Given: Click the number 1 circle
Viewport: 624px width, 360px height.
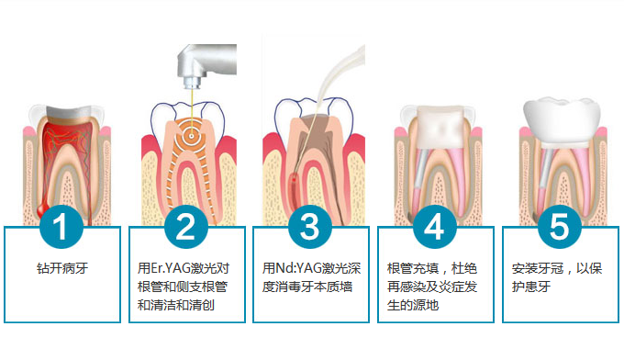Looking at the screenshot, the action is [x=61, y=227].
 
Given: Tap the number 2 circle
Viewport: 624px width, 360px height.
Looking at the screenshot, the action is [x=186, y=227].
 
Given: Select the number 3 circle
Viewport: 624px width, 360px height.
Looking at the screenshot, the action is [x=310, y=227].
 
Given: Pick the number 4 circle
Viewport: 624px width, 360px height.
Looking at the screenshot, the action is [x=435, y=227].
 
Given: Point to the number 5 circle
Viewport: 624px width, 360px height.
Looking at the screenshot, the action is [x=559, y=227].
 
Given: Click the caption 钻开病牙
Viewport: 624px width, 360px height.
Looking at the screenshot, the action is [x=62, y=268].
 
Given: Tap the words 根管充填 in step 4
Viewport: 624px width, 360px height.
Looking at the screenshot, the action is [x=413, y=268].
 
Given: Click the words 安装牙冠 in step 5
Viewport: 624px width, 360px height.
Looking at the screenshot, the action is [x=537, y=268].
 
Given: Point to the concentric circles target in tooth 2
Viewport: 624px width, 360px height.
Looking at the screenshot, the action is [x=192, y=136].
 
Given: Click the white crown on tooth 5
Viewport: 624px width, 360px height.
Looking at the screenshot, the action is [x=562, y=120].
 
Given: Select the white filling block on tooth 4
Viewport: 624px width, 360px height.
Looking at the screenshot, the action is [x=440, y=128].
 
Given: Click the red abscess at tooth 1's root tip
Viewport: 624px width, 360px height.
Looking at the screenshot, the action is [x=42, y=209].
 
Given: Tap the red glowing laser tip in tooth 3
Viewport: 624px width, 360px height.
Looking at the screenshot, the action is [x=294, y=180].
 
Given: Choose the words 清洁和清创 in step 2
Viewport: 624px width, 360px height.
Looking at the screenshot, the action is [x=176, y=305].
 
